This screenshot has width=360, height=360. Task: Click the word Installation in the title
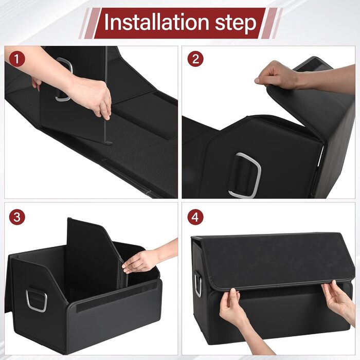156,22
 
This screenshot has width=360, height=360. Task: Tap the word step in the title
236,24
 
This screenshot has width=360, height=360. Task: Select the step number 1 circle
17,59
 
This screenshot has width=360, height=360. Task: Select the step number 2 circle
195,59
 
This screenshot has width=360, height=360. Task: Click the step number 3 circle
17,217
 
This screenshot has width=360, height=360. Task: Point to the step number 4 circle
195,217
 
